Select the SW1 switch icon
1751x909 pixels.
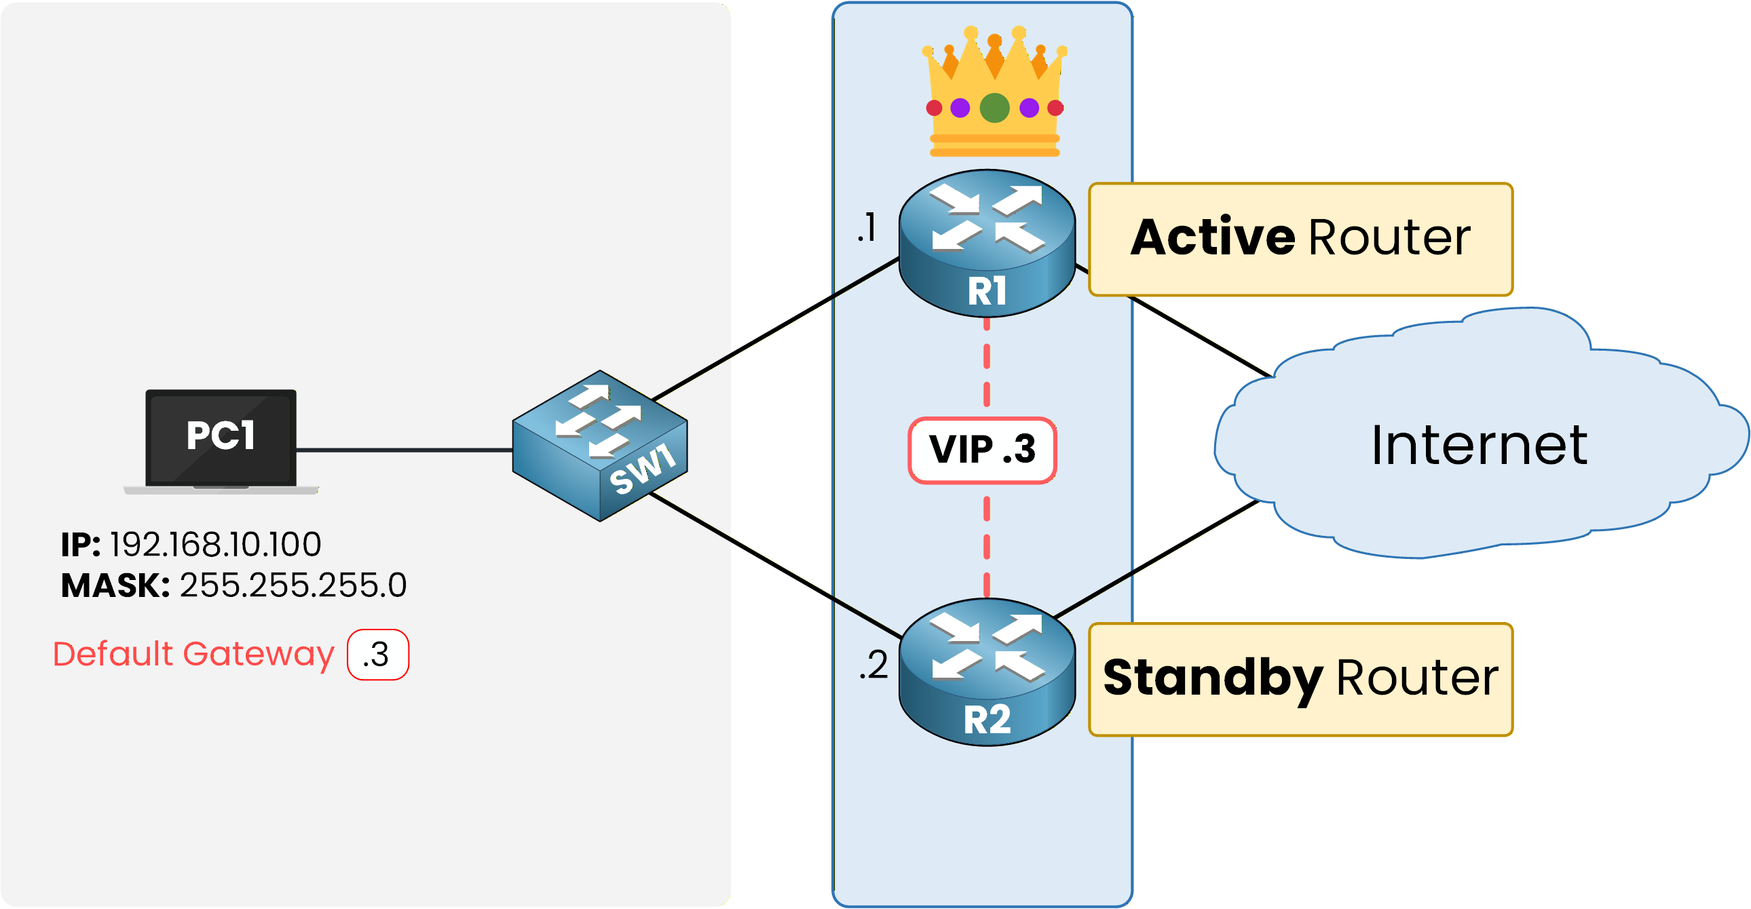click(599, 446)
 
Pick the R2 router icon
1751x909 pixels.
click(987, 672)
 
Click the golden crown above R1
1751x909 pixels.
click(994, 95)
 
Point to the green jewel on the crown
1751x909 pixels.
click(994, 108)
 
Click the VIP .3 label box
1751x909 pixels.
click(982, 450)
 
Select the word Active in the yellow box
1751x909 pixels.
click(1213, 238)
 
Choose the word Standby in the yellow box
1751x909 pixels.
click(1213, 678)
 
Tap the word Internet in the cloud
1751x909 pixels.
click(1479, 446)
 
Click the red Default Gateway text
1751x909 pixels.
click(193, 654)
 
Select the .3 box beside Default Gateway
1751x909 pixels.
click(378, 655)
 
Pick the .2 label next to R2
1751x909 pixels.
click(873, 664)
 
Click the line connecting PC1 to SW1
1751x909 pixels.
click(404, 450)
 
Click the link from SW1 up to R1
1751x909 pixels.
click(775, 329)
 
